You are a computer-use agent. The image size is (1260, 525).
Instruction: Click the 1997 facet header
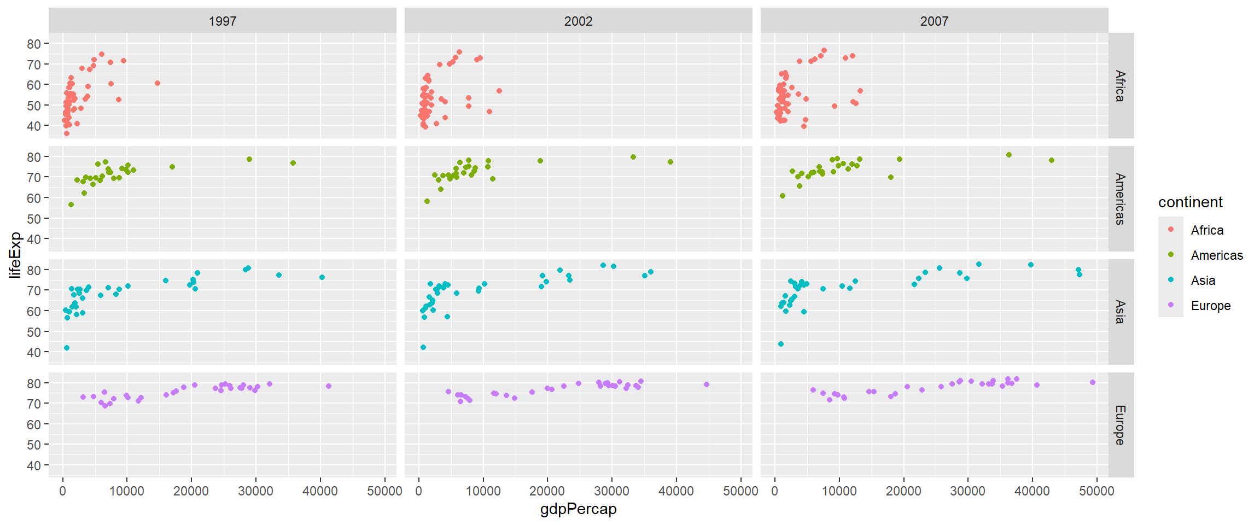coord(223,21)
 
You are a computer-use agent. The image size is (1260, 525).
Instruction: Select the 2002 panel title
coord(578,21)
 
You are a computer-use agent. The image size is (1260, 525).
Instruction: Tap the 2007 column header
coord(934,21)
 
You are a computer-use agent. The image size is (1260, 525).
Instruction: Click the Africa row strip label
coord(1121,86)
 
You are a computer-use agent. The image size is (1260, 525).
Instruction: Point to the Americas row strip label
coord(1121,199)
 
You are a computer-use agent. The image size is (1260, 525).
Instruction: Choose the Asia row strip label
coord(1121,312)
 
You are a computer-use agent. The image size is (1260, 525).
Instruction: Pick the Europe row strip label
coord(1121,425)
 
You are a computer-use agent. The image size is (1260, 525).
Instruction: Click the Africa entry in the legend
coord(1207,230)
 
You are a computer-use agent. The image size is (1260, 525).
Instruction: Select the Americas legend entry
coord(1217,255)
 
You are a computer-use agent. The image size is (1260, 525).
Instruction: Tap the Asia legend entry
coord(1203,281)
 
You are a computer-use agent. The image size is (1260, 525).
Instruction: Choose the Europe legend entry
coord(1211,306)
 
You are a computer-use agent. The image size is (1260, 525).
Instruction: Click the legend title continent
coord(1190,202)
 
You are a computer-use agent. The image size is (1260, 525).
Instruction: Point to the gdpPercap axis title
coord(578,509)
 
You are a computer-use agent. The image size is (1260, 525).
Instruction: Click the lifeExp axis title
coord(15,255)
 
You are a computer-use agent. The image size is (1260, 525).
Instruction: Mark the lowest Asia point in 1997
coord(67,348)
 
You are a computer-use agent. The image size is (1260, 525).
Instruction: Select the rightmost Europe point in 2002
coord(707,384)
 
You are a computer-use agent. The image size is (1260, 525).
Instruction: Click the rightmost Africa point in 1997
coord(157,83)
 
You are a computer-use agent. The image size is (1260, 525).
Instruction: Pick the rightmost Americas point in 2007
coord(1052,160)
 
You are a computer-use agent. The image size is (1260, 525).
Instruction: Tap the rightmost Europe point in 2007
coord(1093,382)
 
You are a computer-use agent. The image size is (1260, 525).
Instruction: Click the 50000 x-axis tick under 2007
coord(1096,491)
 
